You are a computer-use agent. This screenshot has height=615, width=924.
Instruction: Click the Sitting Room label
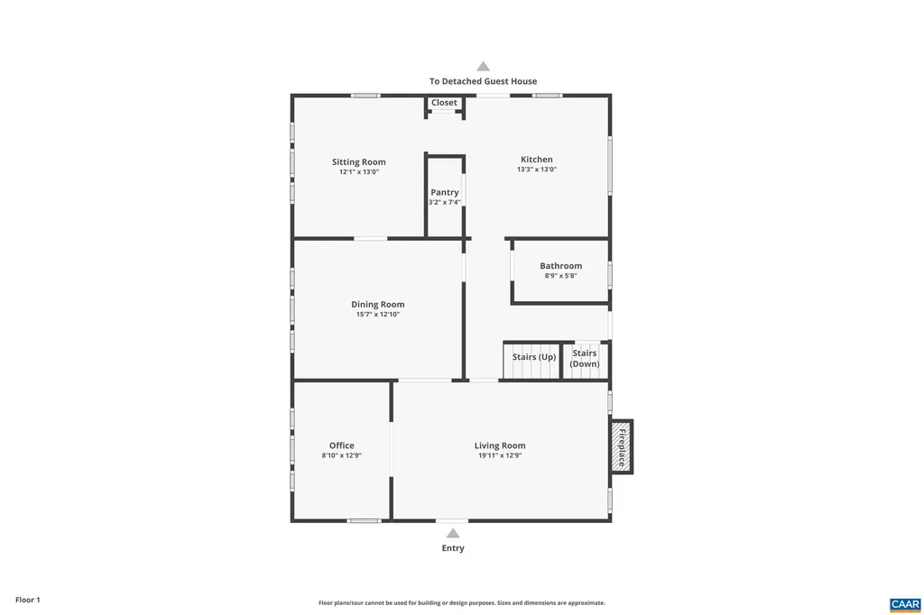point(358,162)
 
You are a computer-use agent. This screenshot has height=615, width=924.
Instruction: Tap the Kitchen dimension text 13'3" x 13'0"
point(536,170)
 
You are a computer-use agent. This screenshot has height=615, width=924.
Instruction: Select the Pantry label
point(445,192)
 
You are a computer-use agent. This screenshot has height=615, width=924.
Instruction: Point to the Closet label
point(444,103)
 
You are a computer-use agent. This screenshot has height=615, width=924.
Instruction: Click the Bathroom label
point(560,266)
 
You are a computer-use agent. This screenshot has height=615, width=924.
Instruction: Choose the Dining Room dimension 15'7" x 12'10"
point(377,315)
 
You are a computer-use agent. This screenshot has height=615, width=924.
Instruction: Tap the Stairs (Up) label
point(534,357)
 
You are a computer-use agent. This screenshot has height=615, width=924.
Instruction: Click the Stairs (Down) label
point(585,358)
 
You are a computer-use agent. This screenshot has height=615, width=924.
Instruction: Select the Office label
point(341,445)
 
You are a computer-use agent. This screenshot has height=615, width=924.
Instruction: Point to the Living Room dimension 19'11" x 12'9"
point(500,456)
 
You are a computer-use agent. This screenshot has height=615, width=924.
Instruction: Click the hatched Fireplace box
point(622,445)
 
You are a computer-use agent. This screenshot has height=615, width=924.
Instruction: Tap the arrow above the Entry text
point(453,533)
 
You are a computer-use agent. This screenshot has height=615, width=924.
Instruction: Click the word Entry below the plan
point(453,548)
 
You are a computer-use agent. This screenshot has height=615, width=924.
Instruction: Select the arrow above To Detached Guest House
point(483,66)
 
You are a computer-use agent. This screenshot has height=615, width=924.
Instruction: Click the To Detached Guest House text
point(483,81)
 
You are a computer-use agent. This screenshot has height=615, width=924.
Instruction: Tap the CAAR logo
point(904,603)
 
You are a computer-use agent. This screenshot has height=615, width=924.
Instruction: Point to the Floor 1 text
point(28,600)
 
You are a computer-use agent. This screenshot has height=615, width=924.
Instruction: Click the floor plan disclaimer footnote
point(461,603)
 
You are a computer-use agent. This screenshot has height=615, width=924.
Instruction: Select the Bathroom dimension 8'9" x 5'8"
point(560,276)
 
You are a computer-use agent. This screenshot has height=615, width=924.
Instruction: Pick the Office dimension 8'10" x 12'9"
point(341,456)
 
